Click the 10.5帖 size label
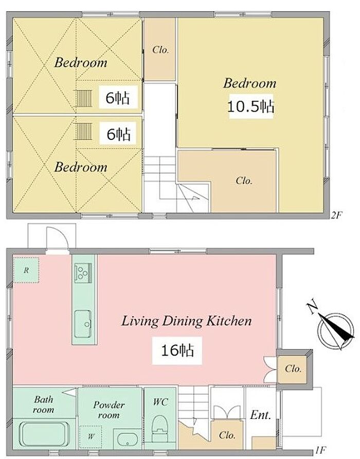pyautogui.click(x=251, y=107)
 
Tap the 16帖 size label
pyautogui.click(x=177, y=350)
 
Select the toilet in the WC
pyautogui.click(x=160, y=428)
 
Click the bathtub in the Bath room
pyautogui.click(x=44, y=434)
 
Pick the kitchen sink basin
pyautogui.click(x=83, y=324)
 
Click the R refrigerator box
pyautogui.click(x=26, y=270)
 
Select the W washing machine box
pyautogui.click(x=91, y=436)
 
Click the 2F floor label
pyautogui.click(x=336, y=216)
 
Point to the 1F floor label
pyautogui.click(x=320, y=449)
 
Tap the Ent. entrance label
pyautogui.click(x=260, y=415)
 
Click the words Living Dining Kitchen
pyautogui.click(x=187, y=321)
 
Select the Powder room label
pyautogui.click(x=109, y=410)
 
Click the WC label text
pyautogui.click(x=160, y=402)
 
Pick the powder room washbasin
pyautogui.click(x=128, y=439)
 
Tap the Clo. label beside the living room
pyautogui.click(x=293, y=368)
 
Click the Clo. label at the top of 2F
pyautogui.click(x=160, y=50)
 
